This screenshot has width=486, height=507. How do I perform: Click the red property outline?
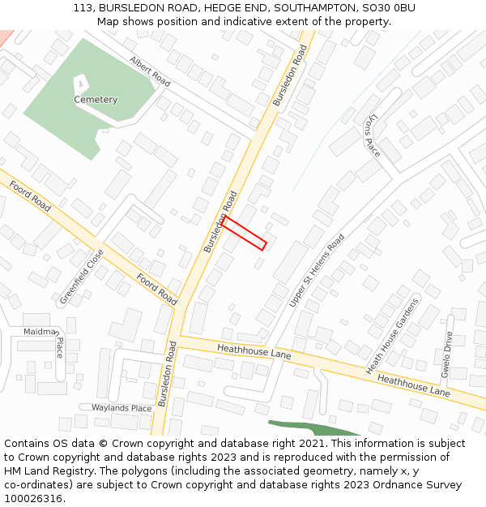244,233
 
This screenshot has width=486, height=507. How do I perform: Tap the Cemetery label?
96,100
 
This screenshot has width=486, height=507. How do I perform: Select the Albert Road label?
150,71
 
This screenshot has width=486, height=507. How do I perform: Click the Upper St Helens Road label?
317,270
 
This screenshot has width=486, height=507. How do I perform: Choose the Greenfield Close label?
82,277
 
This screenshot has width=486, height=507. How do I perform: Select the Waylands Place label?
122,408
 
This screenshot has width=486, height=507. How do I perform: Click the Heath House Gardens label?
393,334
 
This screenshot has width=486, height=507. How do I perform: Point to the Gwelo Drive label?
446,355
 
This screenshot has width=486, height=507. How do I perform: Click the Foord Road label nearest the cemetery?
31,196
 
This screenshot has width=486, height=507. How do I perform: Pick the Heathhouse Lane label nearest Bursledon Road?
254,351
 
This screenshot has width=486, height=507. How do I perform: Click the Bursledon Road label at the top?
291,75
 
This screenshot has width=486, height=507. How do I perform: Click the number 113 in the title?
83,7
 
